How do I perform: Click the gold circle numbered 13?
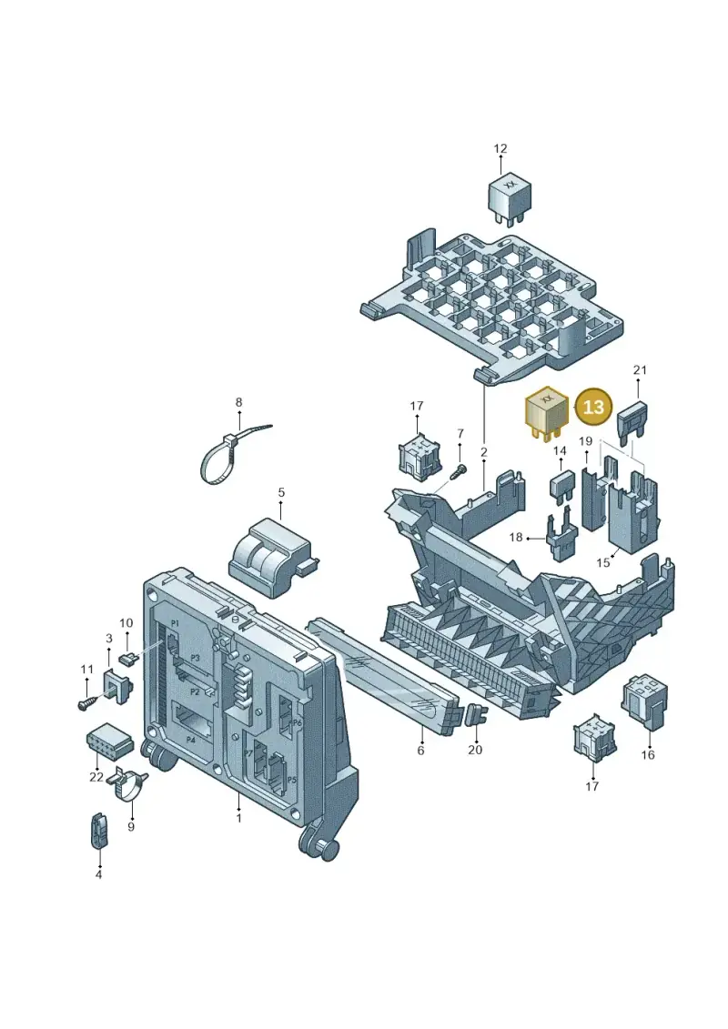tap(593, 407)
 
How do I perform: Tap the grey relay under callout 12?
tap(509, 197)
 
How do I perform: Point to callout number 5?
tap(281, 492)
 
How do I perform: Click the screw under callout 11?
tap(88, 702)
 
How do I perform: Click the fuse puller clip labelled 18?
tap(561, 538)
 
